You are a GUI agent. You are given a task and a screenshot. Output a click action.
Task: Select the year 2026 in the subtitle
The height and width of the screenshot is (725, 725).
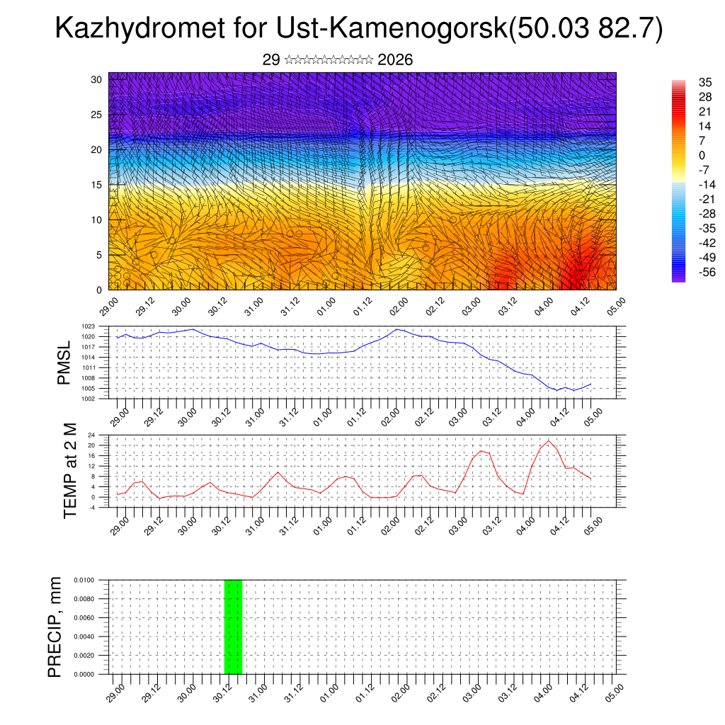[395, 60]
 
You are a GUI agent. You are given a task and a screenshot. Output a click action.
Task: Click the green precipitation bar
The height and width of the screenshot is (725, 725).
[233, 627]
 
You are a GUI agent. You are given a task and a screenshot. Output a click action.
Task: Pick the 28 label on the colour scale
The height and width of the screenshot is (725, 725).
[703, 96]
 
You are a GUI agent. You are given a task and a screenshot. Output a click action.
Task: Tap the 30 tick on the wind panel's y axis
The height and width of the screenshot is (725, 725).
[97, 79]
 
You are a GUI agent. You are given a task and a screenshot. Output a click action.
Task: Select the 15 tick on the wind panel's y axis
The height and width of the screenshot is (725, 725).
[97, 185]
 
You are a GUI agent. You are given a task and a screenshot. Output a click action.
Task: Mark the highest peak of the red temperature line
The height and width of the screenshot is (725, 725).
[548, 440]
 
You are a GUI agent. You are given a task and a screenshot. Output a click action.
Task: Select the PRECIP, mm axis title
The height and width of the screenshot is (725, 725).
[55, 627]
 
